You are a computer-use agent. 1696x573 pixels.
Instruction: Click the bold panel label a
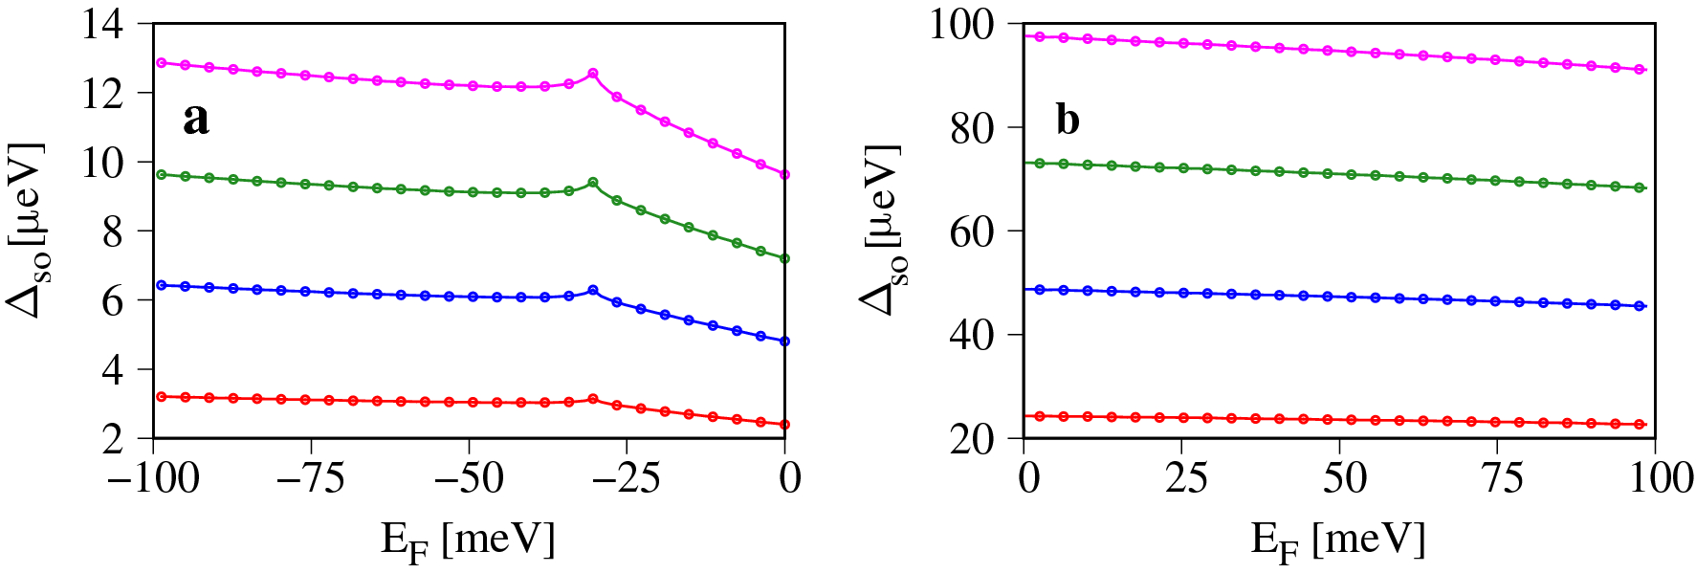coord(196,120)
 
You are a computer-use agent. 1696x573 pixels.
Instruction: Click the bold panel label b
coord(1068,120)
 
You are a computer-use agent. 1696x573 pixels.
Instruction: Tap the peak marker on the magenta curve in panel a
coord(593,73)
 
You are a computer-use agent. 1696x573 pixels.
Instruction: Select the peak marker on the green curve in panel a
coord(593,182)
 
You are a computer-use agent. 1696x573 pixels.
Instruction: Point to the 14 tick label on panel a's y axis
coord(102,24)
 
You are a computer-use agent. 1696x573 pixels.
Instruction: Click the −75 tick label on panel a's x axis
coord(310,477)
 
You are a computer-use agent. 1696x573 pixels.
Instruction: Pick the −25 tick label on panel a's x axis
coord(626,477)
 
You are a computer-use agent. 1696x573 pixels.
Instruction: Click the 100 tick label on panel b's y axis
coord(962,24)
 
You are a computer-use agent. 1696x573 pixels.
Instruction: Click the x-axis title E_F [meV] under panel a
coord(468,541)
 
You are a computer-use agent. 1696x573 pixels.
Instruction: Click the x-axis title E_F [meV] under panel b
coord(1338,541)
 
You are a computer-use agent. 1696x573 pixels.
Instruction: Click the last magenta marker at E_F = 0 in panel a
coord(784,174)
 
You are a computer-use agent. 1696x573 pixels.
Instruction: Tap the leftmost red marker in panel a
coord(162,396)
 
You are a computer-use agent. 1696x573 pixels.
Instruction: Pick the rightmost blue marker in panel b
coord(1640,306)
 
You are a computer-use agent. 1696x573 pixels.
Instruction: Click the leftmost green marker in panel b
coord(1040,163)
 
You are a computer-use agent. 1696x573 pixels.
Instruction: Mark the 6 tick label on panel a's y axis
coord(113,301)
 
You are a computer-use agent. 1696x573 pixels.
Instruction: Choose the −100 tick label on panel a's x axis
coord(153,477)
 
